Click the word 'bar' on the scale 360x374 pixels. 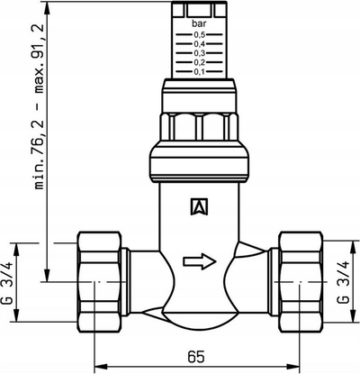tap(199, 23)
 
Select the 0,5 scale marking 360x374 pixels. tap(199, 35)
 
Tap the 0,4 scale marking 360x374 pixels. tap(199, 44)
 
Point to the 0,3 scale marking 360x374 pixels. tap(199, 53)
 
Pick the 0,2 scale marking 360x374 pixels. tap(199, 62)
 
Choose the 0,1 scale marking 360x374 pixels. tap(199, 72)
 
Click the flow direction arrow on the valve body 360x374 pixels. tap(200, 261)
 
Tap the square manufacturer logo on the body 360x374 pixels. tap(199, 206)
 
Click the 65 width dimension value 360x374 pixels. tap(196, 357)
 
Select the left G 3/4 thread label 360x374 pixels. tap(8, 283)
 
